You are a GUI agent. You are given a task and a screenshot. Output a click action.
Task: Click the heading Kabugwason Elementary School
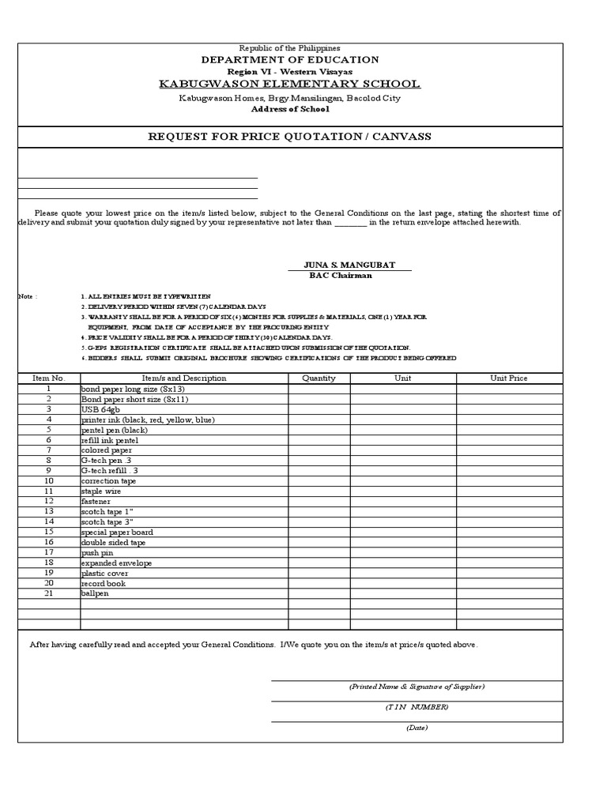tap(290, 85)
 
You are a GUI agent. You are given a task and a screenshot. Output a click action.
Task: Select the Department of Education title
tap(290, 60)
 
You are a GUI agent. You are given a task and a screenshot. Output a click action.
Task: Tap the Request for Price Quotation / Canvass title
tap(290, 137)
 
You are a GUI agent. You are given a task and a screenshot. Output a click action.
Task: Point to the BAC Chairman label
tap(341, 276)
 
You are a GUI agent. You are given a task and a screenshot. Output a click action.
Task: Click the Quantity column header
tap(319, 378)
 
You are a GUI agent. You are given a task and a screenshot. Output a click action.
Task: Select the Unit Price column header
tap(508, 378)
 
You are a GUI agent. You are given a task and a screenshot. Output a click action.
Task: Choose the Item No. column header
tap(48, 378)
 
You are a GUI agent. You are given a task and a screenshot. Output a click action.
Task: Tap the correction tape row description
tap(108, 481)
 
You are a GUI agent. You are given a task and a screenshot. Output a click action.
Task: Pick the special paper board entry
tap(117, 532)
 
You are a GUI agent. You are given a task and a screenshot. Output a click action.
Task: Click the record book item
tap(103, 584)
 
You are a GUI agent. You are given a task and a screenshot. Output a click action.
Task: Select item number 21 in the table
tap(48, 593)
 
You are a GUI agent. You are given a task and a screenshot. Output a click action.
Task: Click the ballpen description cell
tap(95, 593)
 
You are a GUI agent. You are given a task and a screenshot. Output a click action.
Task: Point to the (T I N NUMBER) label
tap(417, 707)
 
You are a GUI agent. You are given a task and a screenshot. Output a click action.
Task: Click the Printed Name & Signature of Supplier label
tap(417, 687)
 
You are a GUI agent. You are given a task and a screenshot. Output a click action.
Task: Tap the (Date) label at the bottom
tap(417, 728)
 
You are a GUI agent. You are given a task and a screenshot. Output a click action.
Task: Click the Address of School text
tap(290, 109)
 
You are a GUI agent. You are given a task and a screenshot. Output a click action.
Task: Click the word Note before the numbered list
tap(28, 296)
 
